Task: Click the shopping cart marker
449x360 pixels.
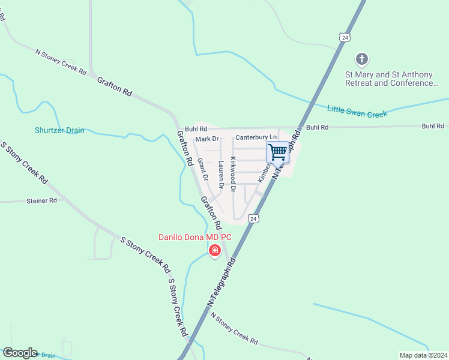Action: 277,152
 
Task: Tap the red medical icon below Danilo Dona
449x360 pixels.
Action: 214,250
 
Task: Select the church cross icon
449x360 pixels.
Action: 361,59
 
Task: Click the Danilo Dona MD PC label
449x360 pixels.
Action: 194,237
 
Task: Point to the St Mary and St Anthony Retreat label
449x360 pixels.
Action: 388,79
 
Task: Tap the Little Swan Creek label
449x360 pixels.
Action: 357,110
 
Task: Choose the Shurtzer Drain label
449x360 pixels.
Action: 59,130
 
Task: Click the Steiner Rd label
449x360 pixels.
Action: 41,200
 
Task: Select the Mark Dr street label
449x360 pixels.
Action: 206,139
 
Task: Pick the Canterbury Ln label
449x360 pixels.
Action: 256,137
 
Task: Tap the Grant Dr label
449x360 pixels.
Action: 203,169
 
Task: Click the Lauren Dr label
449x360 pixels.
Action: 221,175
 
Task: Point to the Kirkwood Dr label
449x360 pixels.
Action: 234,174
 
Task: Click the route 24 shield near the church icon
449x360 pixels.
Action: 343,37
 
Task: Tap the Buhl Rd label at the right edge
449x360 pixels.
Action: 432,126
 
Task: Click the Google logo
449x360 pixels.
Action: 20,353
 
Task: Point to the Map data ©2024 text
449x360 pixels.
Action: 424,355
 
